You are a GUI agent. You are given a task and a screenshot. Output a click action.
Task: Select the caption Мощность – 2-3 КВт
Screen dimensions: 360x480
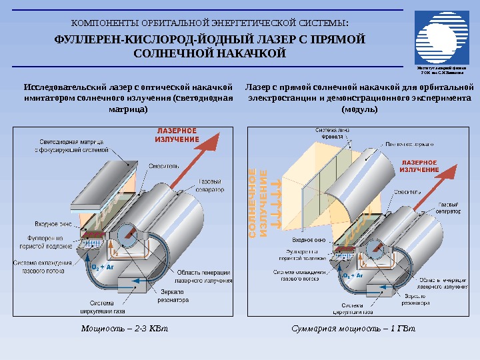[125, 328]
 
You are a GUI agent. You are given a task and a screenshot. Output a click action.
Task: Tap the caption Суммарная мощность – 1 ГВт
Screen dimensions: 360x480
[353, 328]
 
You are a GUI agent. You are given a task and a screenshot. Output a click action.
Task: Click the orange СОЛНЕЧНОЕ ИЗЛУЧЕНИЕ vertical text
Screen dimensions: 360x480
[258, 203]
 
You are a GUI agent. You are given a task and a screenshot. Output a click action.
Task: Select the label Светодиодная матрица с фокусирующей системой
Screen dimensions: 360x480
[72, 146]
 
